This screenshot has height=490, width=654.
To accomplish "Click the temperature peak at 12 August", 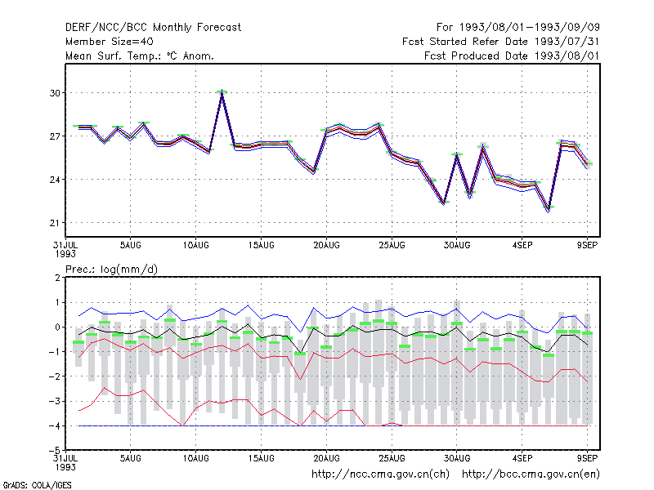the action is point(222,92).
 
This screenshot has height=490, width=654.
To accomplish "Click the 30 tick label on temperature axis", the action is point(55,93).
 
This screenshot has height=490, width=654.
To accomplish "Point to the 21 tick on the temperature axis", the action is point(55,223).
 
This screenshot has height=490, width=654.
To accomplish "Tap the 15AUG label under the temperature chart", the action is point(261,246).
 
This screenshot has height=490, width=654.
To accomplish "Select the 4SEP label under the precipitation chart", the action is point(522,458).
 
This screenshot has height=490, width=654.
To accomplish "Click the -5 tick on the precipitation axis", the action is point(55,451).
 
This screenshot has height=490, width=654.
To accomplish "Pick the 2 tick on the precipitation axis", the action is point(57,278).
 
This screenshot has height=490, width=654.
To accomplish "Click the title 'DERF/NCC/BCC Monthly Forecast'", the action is point(153,28).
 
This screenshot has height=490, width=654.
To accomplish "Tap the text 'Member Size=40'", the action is point(110,42).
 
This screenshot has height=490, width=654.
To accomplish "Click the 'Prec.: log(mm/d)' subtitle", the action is point(111,269).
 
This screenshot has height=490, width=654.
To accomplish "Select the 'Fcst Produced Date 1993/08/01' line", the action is point(512,56).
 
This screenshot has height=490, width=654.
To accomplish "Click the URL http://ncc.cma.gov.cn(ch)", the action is point(380,474).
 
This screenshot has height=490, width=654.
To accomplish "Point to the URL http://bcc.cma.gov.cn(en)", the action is point(531,474).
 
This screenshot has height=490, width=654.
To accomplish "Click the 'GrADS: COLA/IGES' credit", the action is point(38,485).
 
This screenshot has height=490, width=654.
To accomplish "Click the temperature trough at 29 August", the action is point(444,203).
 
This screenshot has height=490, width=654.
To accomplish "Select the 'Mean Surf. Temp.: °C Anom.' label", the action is point(139,56).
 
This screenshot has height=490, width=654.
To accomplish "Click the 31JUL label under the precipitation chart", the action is point(65,462).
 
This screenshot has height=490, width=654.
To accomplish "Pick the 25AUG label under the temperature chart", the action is point(392,246).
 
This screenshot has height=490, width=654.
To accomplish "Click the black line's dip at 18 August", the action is point(300,353).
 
